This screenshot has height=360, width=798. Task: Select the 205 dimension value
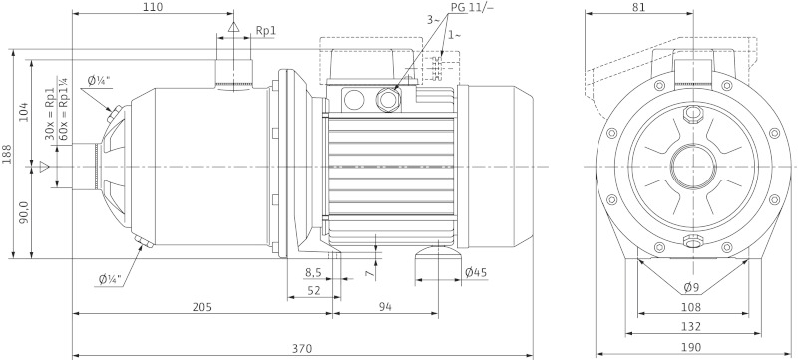pyautogui.click(x=200, y=307)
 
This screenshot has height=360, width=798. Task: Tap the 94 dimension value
pyautogui.click(x=384, y=307)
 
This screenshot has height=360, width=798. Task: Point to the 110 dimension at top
pyautogui.click(x=152, y=7)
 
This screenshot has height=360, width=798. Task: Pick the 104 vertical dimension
pyautogui.click(x=24, y=112)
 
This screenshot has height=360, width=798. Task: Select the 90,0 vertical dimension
pyautogui.click(x=24, y=213)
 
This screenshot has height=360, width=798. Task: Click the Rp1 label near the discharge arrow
pyautogui.click(x=265, y=31)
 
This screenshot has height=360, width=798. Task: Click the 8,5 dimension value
pyautogui.click(x=312, y=272)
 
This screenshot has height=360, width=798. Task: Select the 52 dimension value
pyautogui.click(x=313, y=290)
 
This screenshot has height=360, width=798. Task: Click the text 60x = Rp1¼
pyautogui.click(x=64, y=112)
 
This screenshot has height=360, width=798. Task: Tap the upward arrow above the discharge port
pyautogui.click(x=233, y=27)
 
